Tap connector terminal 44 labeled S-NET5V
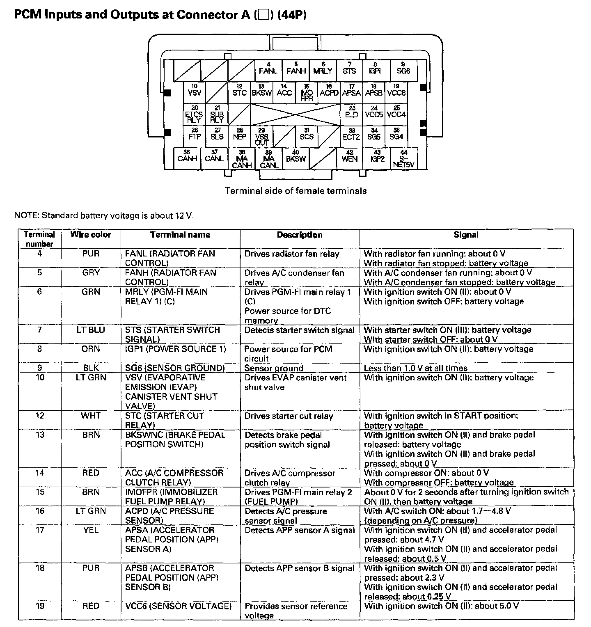tap(403, 159)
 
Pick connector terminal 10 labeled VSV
tap(194, 92)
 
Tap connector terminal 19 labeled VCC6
tap(396, 92)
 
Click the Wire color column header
tap(91, 235)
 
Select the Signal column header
tap(466, 235)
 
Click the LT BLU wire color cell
tap(91, 330)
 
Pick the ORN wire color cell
tap(91, 349)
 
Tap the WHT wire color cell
tap(91, 416)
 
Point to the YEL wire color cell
tap(91, 530)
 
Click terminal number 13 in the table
tap(40, 435)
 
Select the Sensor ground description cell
tap(274, 368)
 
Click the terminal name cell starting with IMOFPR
tap(172, 497)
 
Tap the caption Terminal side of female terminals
tap(295, 191)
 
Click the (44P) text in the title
tap(292, 15)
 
